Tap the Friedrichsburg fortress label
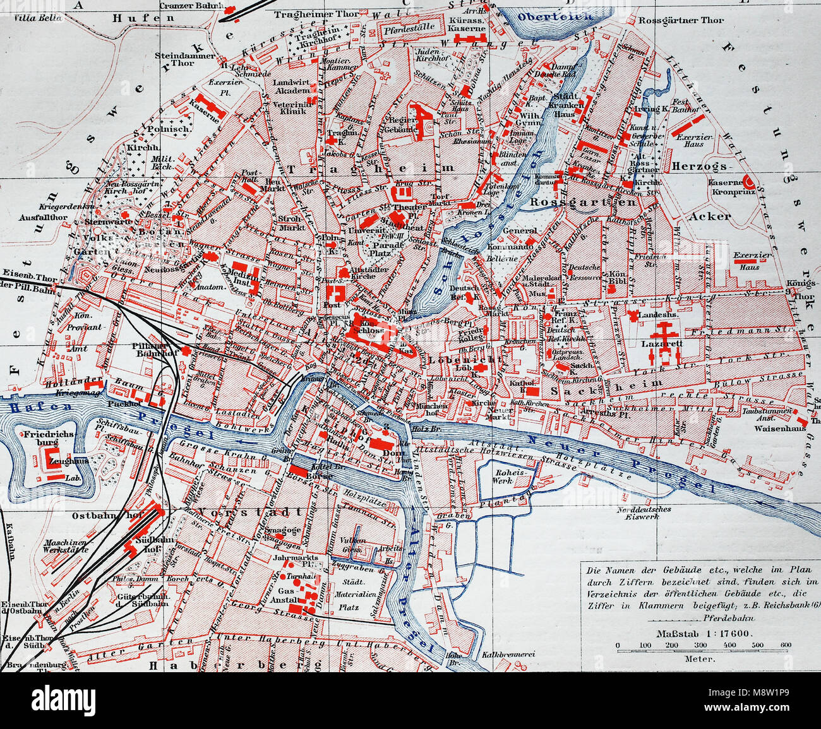click(x=49, y=439)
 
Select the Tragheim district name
click(x=371, y=169)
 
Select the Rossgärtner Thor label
click(x=681, y=20)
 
